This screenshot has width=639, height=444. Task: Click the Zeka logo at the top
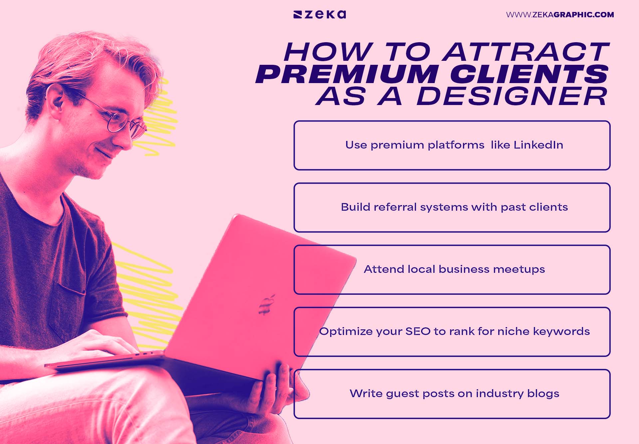[x=319, y=15]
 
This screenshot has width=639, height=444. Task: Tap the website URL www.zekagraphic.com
[x=560, y=15]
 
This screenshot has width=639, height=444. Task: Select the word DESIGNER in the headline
[x=512, y=97]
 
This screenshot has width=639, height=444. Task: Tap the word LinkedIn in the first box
[x=538, y=145]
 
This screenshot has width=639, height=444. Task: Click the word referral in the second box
[x=395, y=207]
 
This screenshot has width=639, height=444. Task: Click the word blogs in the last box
[x=543, y=393]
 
